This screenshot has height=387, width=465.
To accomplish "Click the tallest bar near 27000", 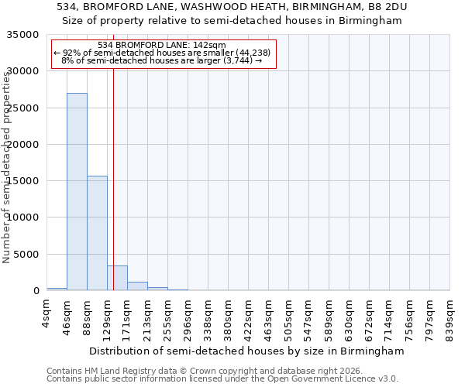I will [x=77, y=192].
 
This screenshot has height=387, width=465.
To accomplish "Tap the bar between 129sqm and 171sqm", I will [x=117, y=278].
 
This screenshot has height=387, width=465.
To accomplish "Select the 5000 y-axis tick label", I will [x=26, y=255].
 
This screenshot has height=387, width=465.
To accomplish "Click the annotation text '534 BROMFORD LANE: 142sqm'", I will [x=161, y=46].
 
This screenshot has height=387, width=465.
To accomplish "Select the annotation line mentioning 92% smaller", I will [x=161, y=53].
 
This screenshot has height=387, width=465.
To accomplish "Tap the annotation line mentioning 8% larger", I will [x=161, y=60].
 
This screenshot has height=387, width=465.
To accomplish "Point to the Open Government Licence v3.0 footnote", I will [x=222, y=378].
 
